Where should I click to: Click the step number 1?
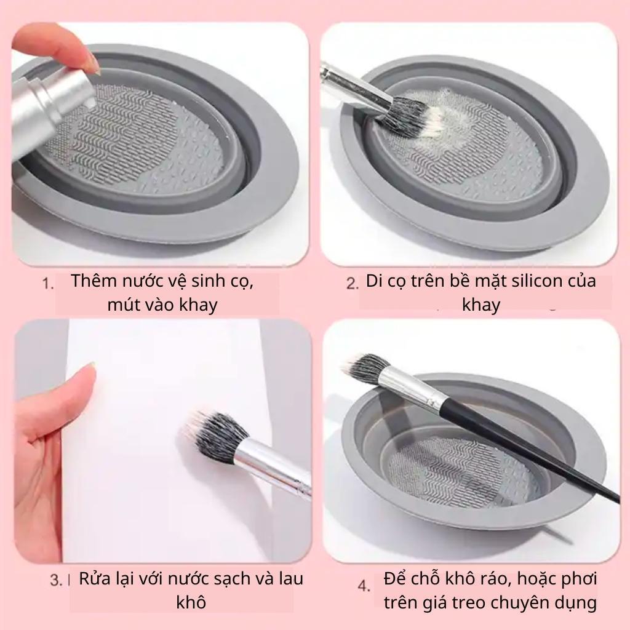[x=47, y=284]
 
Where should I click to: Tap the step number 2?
[x=353, y=284]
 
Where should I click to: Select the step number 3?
[x=56, y=580]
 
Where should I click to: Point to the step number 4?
[x=364, y=586]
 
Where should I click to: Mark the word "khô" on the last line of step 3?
[x=191, y=603]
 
